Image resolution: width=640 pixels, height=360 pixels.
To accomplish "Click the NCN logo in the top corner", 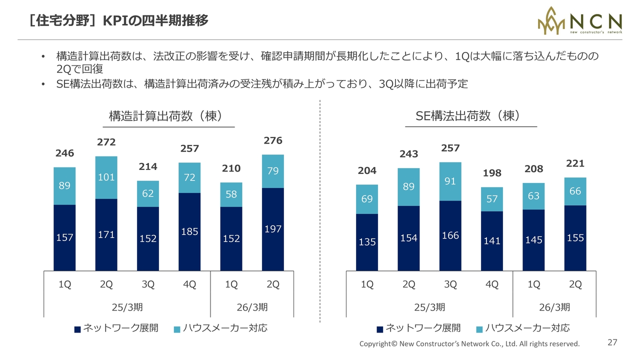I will coord(579,21).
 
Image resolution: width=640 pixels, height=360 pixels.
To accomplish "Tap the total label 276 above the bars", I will coord(273,141).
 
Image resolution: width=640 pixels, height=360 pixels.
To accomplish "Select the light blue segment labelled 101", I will coord(106,177).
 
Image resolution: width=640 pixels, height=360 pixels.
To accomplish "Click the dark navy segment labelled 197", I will coord(273,229).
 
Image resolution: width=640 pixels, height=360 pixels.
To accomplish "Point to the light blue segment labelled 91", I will coord(450,181).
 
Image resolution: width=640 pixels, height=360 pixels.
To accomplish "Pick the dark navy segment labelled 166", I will coord(450,235).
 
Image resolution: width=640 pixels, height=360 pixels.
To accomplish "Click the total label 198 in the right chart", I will coord(492,173).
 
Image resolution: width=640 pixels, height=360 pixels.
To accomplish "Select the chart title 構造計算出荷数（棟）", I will coord(165,116).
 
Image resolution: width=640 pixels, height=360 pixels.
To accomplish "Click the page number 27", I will coord(612,342).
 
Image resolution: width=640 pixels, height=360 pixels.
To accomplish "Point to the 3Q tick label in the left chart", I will coord(148,284).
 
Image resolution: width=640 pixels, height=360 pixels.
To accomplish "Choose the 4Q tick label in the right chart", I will coord(492,284).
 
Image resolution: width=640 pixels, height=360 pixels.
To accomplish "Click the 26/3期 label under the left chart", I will coord(252,306).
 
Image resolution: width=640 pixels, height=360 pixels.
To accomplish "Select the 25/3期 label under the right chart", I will coord(429,306).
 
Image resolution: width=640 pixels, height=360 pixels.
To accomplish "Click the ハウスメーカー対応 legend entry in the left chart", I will coord(220,328).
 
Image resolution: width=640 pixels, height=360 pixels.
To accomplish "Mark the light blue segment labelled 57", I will coord(492,199).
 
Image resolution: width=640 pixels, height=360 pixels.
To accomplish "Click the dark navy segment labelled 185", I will coord(189,232).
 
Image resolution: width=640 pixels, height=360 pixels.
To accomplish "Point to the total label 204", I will coord(367,171).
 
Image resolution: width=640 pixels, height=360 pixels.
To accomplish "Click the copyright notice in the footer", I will coord(469,344).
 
